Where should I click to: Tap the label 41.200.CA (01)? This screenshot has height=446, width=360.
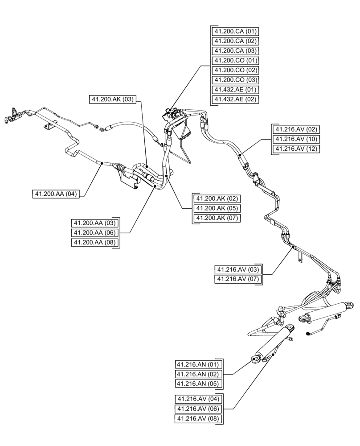[235, 31]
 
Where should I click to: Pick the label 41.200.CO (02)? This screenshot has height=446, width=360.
[235, 70]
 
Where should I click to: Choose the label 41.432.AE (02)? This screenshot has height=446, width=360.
[235, 99]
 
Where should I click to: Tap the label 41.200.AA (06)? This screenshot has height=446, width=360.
[94, 232]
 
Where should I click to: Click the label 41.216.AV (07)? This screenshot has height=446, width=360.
[237, 280]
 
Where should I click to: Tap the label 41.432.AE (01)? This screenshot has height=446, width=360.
[235, 90]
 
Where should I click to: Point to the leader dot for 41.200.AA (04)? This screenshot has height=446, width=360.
[102, 163]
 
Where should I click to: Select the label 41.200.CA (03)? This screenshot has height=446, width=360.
[235, 51]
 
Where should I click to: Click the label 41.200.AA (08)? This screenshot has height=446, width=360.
[94, 242]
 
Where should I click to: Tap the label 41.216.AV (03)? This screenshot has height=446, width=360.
[237, 270]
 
